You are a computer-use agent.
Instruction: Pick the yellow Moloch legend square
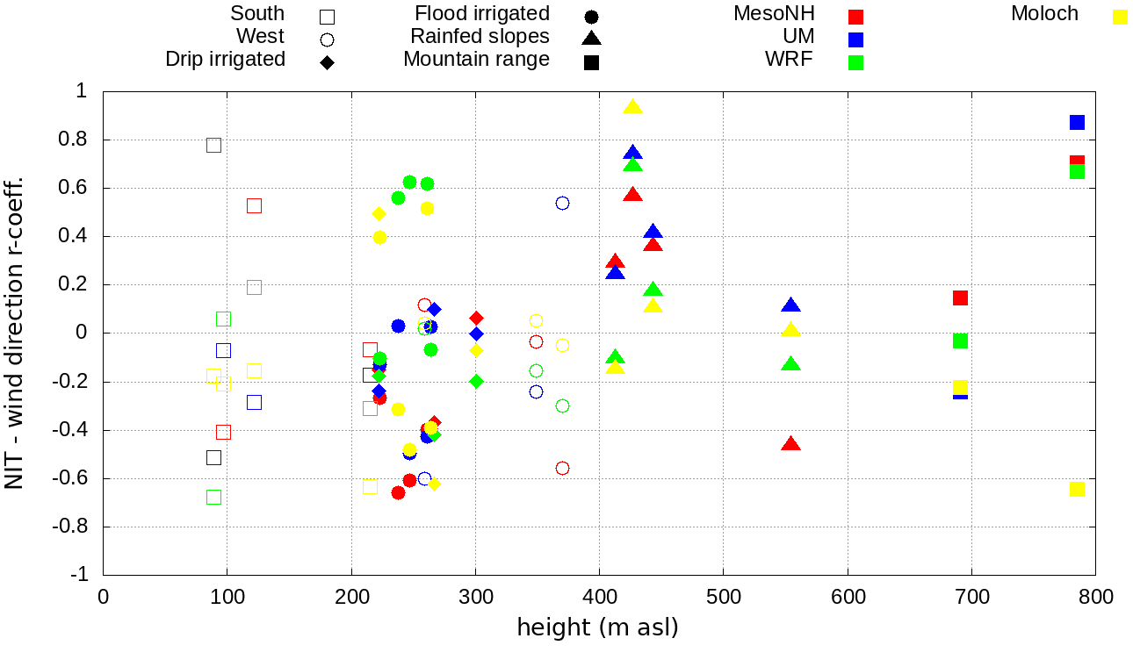pos(1120,17)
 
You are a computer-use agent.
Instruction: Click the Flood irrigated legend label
pos(482,14)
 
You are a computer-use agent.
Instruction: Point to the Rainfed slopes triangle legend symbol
pos(591,38)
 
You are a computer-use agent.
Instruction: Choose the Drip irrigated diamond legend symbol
pos(327,62)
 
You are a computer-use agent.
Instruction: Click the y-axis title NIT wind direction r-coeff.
pos(15,333)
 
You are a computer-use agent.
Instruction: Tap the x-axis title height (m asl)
pos(598,628)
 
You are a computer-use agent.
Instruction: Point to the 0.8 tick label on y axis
pos(78,140)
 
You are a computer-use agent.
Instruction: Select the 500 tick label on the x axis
pos(724,597)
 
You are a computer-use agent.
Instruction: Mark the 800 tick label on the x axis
pos(1095,597)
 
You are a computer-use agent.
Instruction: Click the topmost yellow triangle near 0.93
pos(633,107)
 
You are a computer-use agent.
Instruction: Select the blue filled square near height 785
pos(1077,122)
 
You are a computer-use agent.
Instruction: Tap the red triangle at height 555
pos(791,444)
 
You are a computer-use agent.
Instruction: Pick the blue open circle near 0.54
pos(562,203)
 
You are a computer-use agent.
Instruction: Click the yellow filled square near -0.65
pos(1077,489)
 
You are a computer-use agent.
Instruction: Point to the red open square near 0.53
pos(254,205)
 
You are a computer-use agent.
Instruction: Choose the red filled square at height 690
pos(960,298)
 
